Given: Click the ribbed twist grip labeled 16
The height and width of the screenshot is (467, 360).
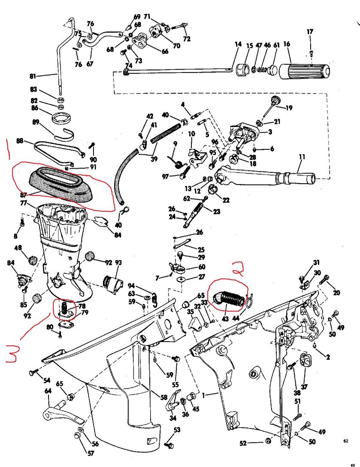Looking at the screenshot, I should coord(305,71).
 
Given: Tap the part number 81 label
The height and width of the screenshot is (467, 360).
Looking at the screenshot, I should coord(33,76).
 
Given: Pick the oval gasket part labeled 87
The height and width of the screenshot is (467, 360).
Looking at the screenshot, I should coord(62,182).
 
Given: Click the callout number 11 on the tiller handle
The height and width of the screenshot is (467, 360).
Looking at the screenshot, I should coord(302,157).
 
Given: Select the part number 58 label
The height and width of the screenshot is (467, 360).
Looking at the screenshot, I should coord(163,397).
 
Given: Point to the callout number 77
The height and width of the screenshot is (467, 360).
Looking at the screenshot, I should coord(24,203).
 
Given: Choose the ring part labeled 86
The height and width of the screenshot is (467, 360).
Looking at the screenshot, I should coord(63,117).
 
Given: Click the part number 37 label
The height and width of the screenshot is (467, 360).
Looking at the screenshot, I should coord(304,387).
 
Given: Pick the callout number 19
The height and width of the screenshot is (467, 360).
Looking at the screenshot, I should coord(288,107).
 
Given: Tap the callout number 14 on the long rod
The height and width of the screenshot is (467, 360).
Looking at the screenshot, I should coord(238,44).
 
